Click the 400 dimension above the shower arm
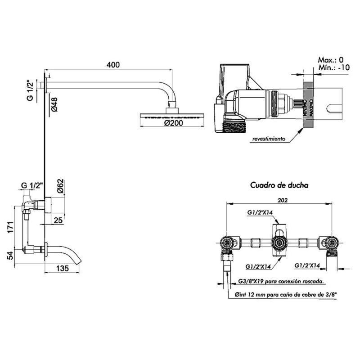(113, 65)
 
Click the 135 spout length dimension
(63, 269)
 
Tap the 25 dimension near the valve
(58, 220)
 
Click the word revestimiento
(269, 139)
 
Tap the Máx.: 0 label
(331, 60)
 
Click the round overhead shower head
(172, 116)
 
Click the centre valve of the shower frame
(279, 243)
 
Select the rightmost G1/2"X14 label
(307, 266)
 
